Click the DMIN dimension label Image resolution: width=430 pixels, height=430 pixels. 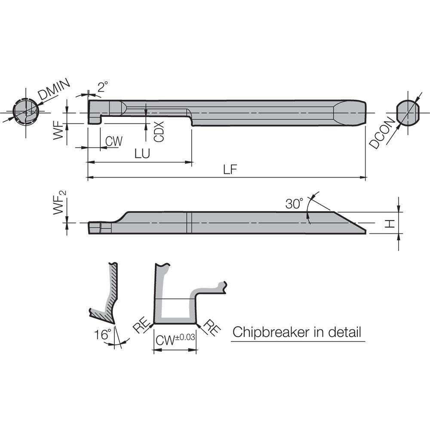coord(54,91)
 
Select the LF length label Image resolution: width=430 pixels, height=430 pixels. coord(230,170)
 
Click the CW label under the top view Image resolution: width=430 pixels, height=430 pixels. coord(114,141)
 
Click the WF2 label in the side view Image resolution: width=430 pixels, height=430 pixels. coord(60,206)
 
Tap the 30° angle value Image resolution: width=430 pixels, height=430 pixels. coord(294,203)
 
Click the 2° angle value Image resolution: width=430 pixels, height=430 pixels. coord(102,87)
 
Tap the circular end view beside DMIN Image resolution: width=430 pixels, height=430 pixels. coord(25,112)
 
